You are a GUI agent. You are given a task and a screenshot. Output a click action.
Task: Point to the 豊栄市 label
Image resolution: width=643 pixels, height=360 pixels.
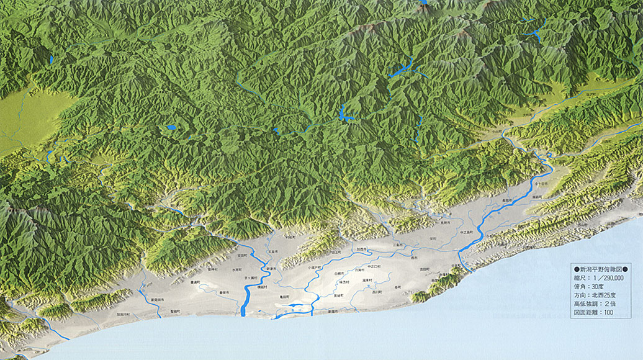point(224,292)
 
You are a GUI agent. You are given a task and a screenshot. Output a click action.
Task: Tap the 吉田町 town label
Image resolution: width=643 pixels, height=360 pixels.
point(425,269)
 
